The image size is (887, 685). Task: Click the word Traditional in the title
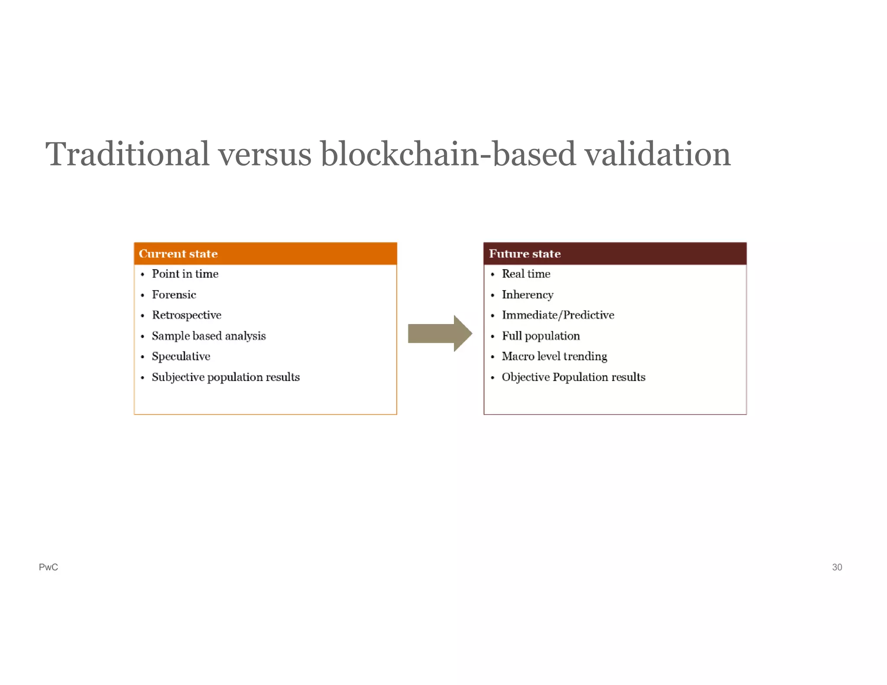point(127,154)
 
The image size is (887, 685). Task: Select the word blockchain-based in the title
point(448,154)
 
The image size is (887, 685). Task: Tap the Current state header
point(178,254)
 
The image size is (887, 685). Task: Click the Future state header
point(524,254)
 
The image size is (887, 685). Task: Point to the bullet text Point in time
point(185,274)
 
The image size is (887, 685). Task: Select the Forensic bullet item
point(174,295)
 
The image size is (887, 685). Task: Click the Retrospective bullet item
point(186,315)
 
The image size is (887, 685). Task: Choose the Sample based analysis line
point(208,336)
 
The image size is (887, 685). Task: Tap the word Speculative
point(181,356)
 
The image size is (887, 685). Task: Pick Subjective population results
point(225,377)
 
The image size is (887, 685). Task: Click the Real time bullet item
point(526,274)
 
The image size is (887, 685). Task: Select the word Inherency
point(527,295)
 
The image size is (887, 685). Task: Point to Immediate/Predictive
point(558,315)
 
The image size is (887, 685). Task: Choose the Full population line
point(541,336)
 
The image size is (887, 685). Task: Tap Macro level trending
point(554,356)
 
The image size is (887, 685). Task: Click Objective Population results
point(573,377)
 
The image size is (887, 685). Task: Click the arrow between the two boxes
point(440,333)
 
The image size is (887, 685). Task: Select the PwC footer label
point(48,567)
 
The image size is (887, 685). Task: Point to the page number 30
point(837,567)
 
